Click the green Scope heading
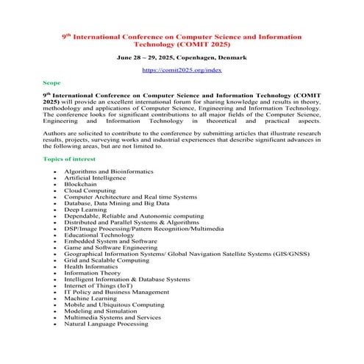point(52,84)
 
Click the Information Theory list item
point(92,273)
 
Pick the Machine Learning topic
point(90,298)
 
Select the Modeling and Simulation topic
point(100,311)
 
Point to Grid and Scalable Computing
point(106,260)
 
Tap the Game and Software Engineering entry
point(110,247)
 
